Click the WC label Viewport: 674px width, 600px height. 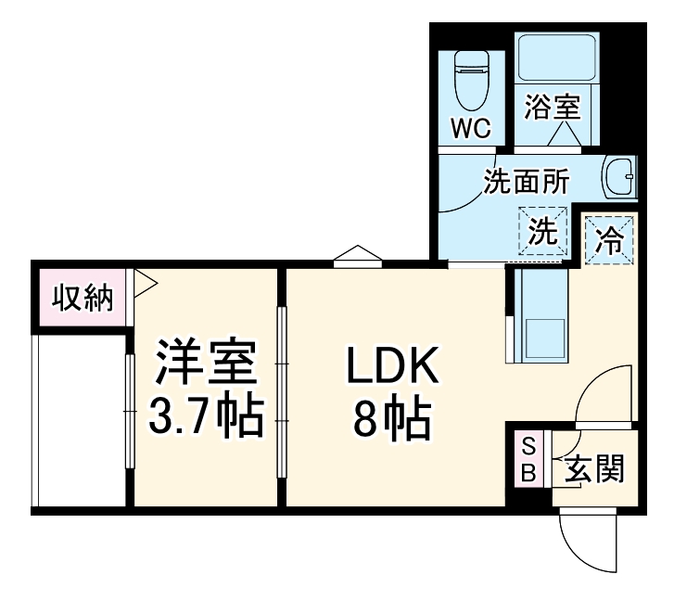pyautogui.click(x=471, y=128)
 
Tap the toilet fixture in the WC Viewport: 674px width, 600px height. pyautogui.click(x=470, y=78)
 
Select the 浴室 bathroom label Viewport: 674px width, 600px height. pyautogui.click(x=552, y=108)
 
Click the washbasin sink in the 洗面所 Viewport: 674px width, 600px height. pyautogui.click(x=619, y=176)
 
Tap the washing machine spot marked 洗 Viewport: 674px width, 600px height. pyautogui.click(x=542, y=231)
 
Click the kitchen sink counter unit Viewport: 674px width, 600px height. pyautogui.click(x=537, y=315)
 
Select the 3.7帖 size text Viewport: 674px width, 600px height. pyautogui.click(x=206, y=418)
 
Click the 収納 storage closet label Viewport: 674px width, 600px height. pyautogui.click(x=82, y=299)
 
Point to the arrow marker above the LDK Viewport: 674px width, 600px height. pyautogui.click(x=358, y=255)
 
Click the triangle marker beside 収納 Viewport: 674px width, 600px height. pyautogui.click(x=144, y=282)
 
